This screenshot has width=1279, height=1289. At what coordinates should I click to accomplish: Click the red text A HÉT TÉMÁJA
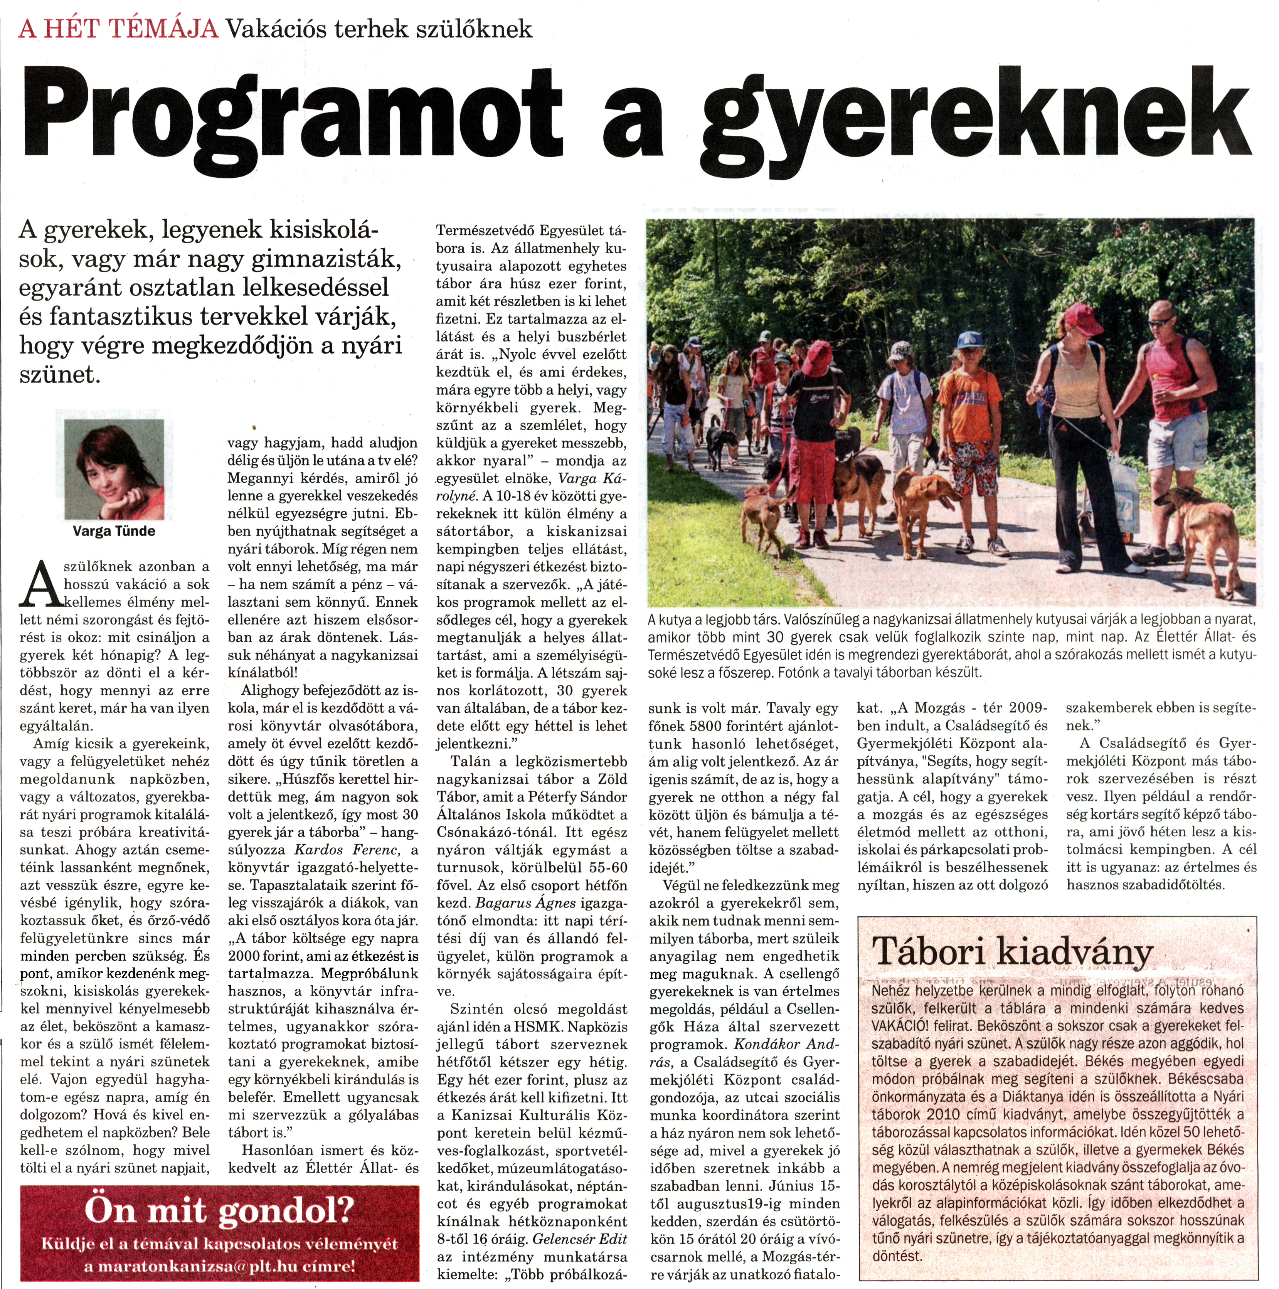[x=119, y=29]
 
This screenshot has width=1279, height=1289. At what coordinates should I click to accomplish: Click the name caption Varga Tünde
[x=114, y=531]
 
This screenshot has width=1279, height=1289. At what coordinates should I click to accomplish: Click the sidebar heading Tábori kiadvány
[x=1012, y=951]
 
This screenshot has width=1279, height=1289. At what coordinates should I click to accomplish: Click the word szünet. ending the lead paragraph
[x=60, y=375]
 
